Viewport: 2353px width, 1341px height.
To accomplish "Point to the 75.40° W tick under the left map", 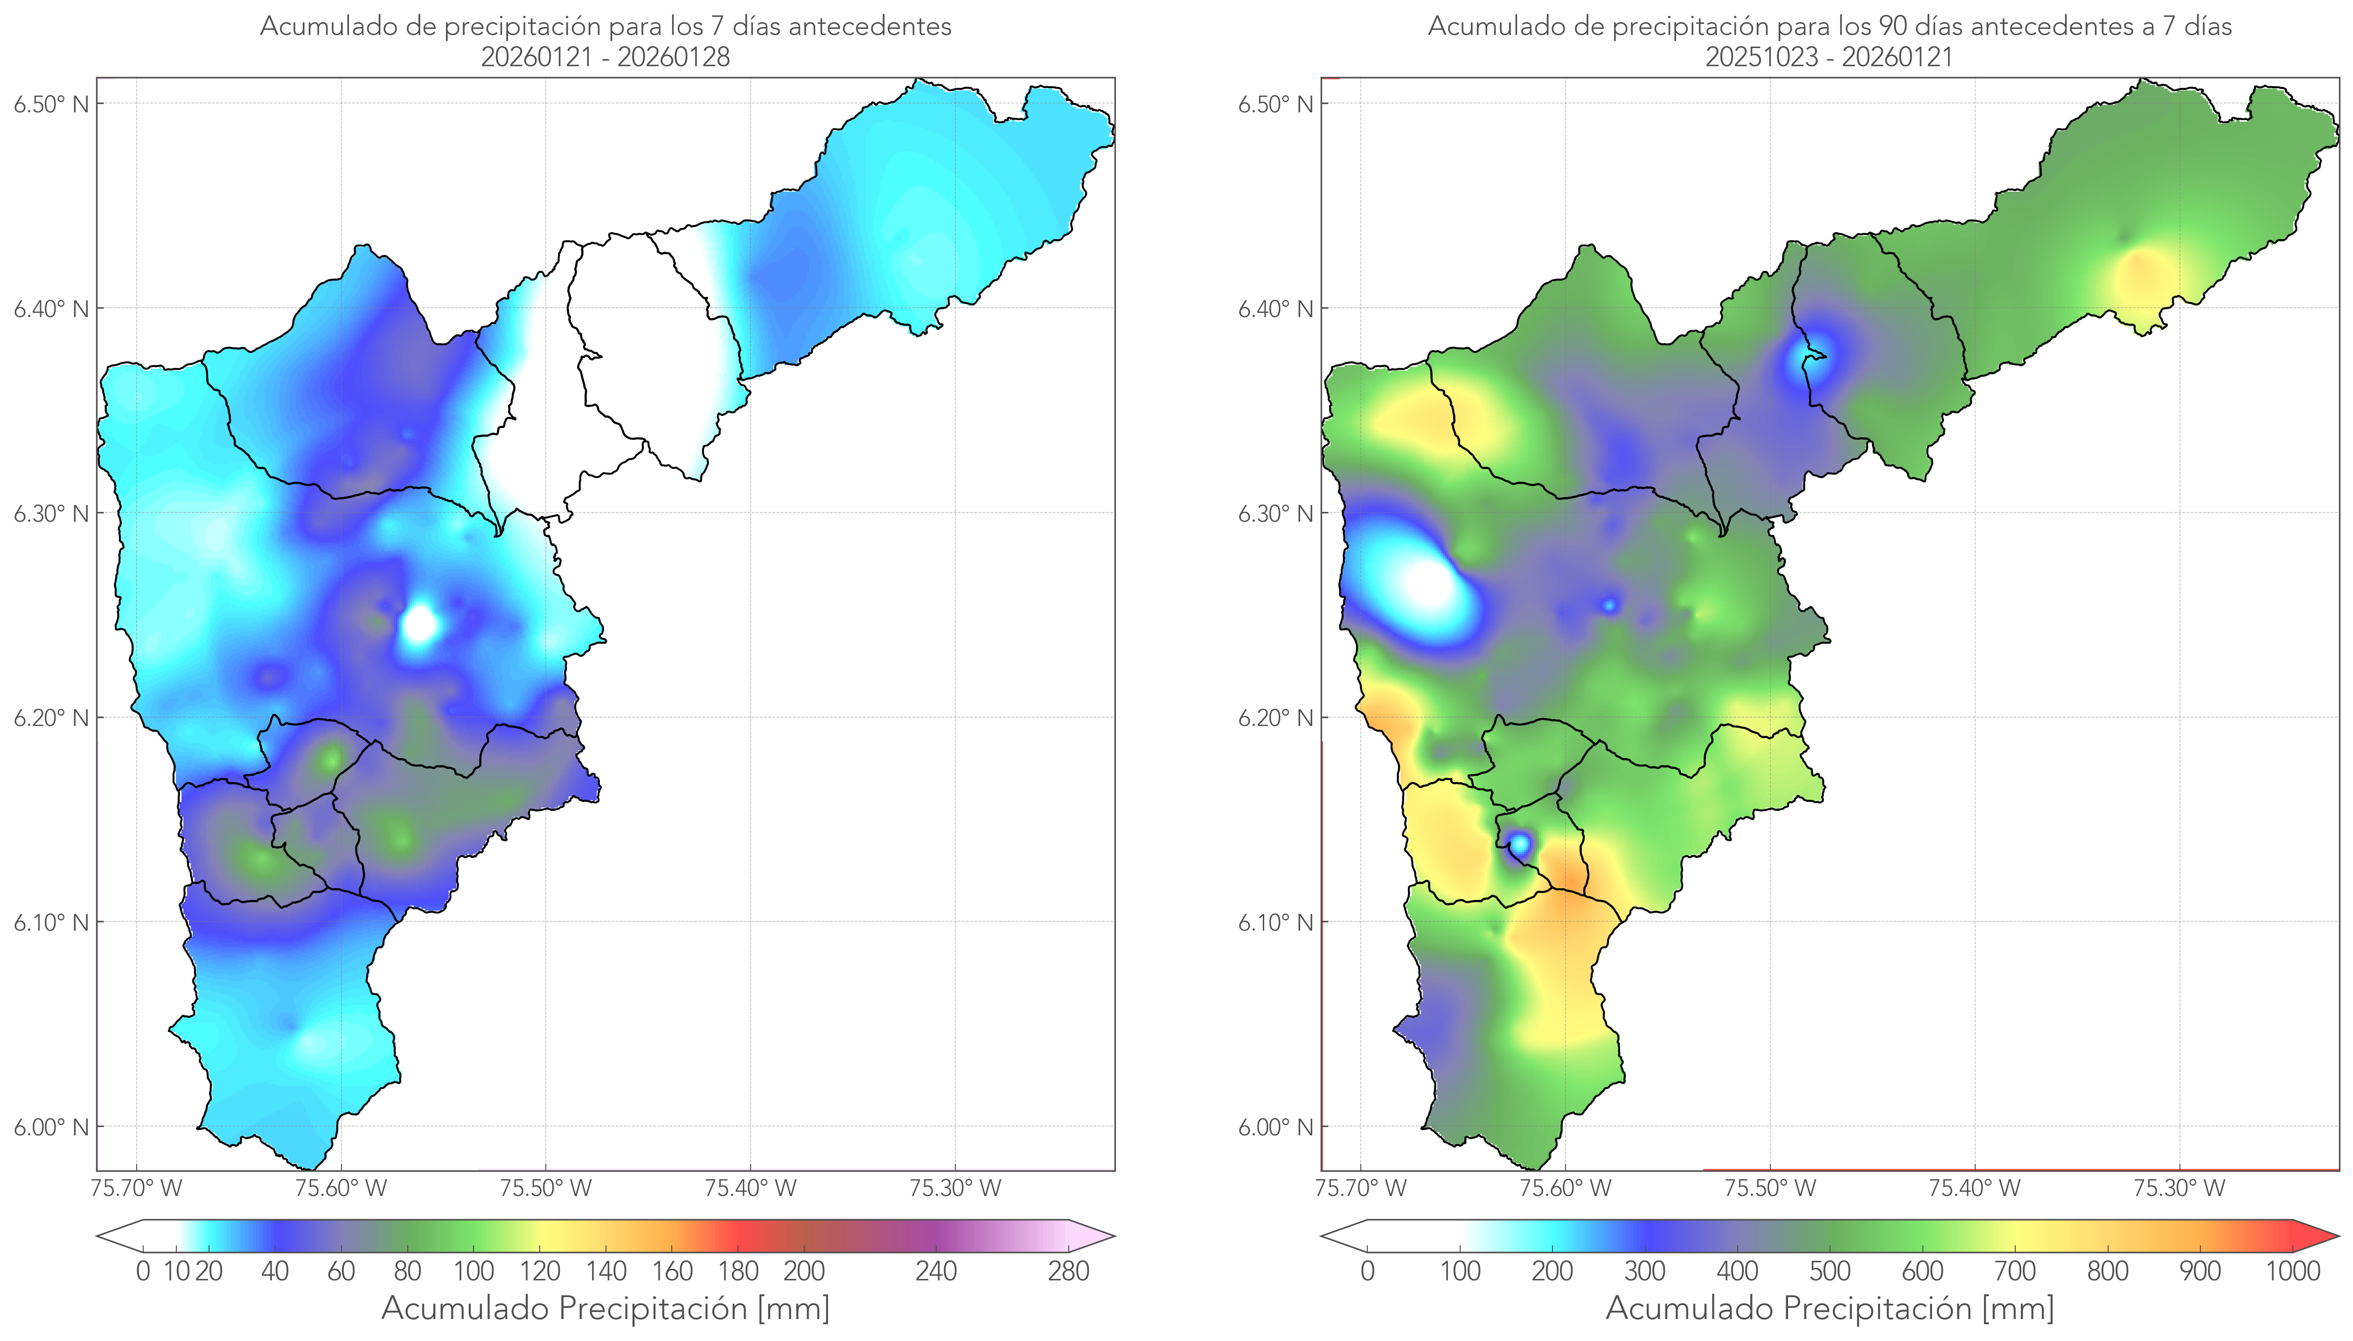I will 750,1188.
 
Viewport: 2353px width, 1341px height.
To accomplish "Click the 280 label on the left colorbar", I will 1069,1272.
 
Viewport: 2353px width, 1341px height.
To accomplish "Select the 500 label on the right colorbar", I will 1830,1272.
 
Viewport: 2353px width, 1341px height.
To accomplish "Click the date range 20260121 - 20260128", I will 606,57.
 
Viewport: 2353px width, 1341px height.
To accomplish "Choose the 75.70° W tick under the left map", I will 136,1188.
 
